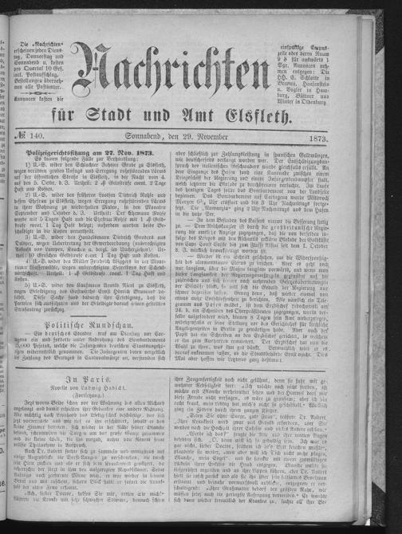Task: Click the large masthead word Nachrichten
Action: [x=199, y=76]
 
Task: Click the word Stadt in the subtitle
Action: [x=175, y=120]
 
